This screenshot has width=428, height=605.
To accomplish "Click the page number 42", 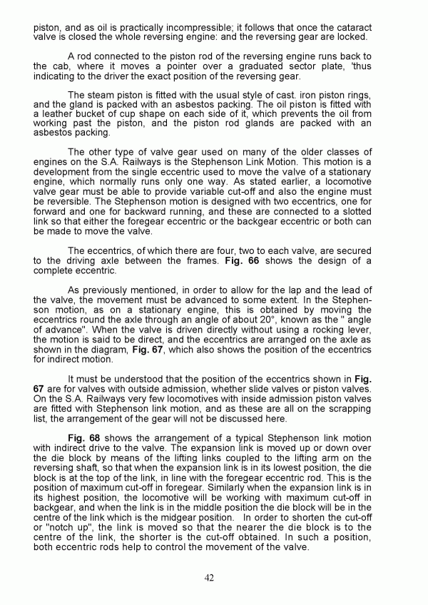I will pyautogui.click(x=209, y=577).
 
